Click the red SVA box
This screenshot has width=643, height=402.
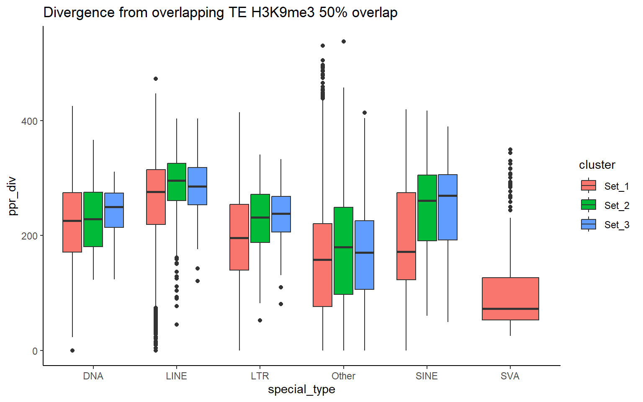pos(510,299)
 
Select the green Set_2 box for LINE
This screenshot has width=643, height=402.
pos(177,182)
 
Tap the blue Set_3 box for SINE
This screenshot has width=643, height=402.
pos(448,207)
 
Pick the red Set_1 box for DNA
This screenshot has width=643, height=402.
pos(72,222)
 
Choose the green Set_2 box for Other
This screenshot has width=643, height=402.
pos(343,251)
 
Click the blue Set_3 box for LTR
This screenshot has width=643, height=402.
pos(281,214)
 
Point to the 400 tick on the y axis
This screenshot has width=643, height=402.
pos(29,121)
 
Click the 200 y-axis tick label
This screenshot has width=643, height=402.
pos(29,236)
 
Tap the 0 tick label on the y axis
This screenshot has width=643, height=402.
pos(35,351)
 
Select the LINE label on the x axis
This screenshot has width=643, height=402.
pos(176,376)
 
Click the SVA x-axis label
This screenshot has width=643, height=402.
pos(510,376)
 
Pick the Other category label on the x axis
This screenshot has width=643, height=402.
pos(343,376)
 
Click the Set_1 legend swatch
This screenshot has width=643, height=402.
pos(589,186)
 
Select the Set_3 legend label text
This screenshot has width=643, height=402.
pos(617,225)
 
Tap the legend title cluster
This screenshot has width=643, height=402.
pos(597,165)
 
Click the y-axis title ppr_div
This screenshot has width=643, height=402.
pos(13,196)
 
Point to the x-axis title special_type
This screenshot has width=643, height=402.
pos(301,389)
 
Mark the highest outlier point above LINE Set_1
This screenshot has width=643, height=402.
pos(156,79)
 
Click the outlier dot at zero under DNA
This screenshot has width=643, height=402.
pos(72,350)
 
